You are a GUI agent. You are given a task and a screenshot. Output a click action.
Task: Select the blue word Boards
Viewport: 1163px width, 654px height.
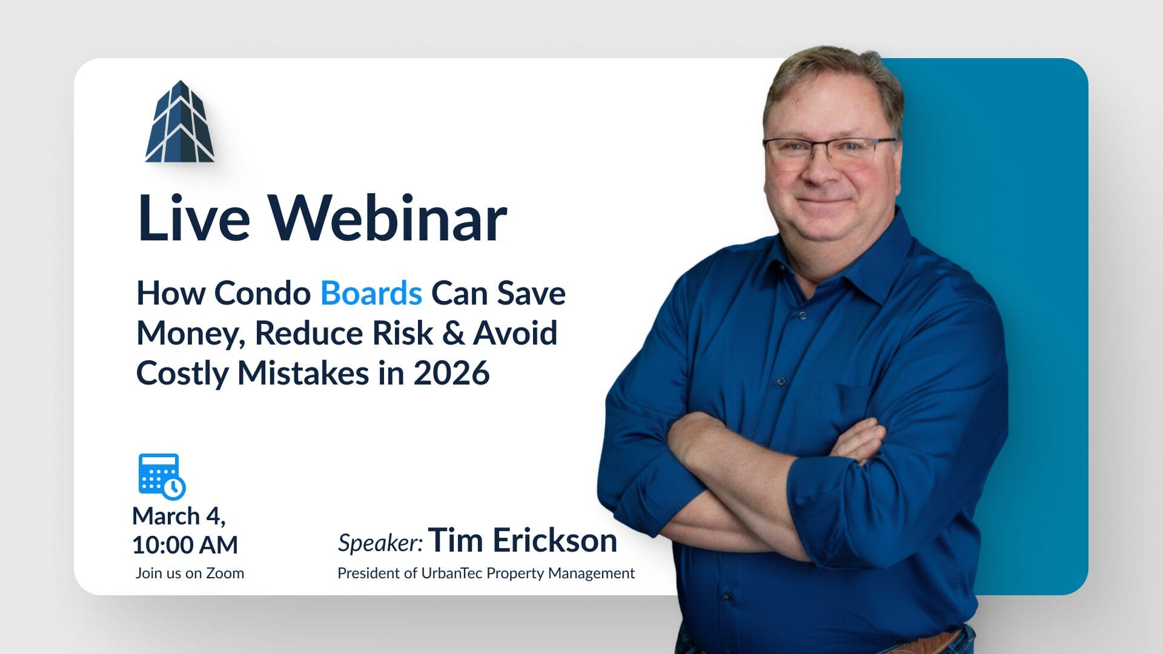click(x=371, y=293)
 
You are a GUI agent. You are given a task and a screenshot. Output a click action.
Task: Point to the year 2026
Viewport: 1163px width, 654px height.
click(x=451, y=373)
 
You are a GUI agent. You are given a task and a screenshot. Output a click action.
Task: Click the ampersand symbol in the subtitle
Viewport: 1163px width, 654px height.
click(x=453, y=333)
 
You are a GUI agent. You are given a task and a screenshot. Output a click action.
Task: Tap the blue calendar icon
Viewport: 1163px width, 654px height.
click(x=162, y=477)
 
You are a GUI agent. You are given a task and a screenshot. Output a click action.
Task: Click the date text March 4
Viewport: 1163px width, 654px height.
click(x=179, y=517)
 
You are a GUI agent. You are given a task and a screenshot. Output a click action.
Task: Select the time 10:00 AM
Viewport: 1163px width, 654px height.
click(x=185, y=545)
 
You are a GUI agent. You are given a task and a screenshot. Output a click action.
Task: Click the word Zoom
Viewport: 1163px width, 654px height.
click(x=225, y=573)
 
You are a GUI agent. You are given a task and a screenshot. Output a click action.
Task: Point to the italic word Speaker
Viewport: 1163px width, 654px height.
click(x=380, y=543)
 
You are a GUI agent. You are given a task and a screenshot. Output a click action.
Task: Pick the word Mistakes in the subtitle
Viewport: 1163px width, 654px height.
click(x=303, y=373)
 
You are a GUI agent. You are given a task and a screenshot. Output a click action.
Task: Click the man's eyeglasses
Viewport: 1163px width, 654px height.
click(x=829, y=150)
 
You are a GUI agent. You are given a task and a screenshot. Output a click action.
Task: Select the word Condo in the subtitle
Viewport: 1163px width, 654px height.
click(x=262, y=293)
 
